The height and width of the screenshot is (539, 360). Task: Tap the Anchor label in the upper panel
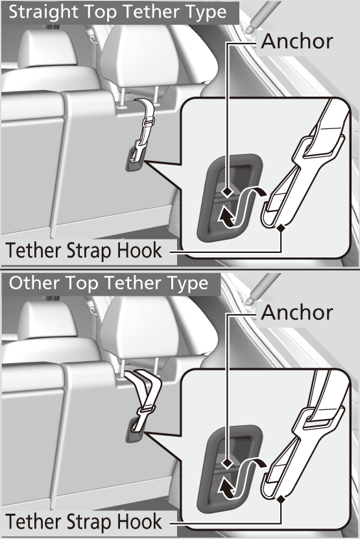pyautogui.click(x=296, y=41)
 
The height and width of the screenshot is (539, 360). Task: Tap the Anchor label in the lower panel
pyautogui.click(x=296, y=312)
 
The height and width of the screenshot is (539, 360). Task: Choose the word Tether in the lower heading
pyautogui.click(x=130, y=283)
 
